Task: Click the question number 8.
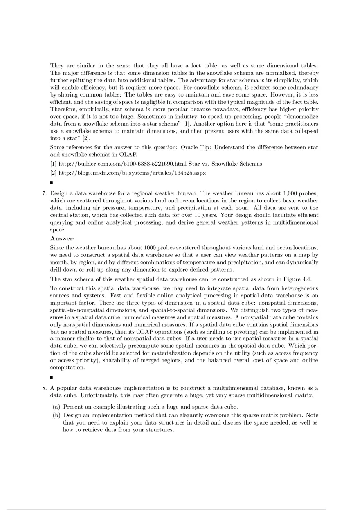pyautogui.click(x=45, y=388)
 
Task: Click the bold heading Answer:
pyautogui.click(x=63, y=238)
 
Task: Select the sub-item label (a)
pyautogui.click(x=57, y=407)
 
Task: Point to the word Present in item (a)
pyautogui.click(x=74, y=407)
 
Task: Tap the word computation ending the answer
pyautogui.click(x=67, y=367)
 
